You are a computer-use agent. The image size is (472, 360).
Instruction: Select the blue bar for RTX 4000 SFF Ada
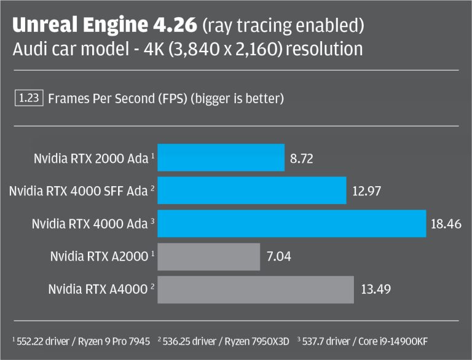(x=252, y=190)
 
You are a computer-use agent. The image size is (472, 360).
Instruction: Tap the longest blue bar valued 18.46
(x=292, y=224)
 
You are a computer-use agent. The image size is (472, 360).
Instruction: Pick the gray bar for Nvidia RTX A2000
(x=209, y=256)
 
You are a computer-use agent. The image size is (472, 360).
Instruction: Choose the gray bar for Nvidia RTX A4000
(x=256, y=289)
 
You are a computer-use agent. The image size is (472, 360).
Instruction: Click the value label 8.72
(x=301, y=158)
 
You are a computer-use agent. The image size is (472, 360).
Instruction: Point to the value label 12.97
(x=367, y=191)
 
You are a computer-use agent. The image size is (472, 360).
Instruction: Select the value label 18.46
(x=446, y=224)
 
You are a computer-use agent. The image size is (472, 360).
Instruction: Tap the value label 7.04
(x=280, y=257)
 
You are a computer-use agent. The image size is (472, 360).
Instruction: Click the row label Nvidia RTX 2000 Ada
(x=91, y=158)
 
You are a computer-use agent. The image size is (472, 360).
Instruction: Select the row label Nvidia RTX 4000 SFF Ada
(x=78, y=191)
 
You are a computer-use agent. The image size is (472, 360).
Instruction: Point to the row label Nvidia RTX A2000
(x=98, y=257)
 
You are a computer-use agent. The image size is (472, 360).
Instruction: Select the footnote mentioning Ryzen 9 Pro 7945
(x=81, y=340)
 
